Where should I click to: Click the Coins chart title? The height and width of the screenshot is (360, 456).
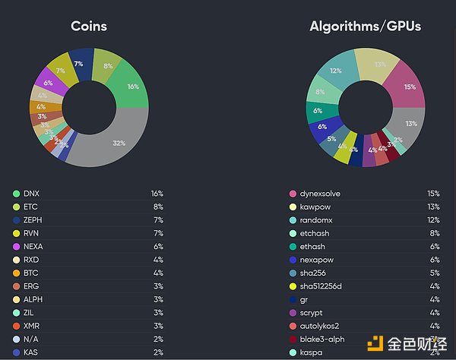[x=89, y=27]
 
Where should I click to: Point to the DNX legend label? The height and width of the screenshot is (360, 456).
[x=32, y=194]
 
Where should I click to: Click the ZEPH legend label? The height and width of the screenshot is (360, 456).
[x=34, y=219]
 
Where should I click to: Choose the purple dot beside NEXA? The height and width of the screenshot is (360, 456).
[x=15, y=246]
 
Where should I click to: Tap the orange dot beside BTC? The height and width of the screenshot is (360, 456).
[x=15, y=273]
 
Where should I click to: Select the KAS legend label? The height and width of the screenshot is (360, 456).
[x=32, y=352]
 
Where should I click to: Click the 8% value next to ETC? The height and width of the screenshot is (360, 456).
[x=157, y=207]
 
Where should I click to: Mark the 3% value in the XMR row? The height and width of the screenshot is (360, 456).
[x=157, y=326]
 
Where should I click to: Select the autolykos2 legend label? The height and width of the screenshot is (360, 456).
[x=320, y=326]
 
